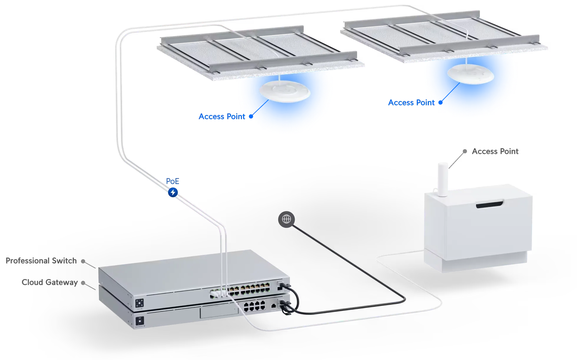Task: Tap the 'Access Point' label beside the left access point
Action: (222, 117)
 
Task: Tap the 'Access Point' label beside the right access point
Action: (411, 102)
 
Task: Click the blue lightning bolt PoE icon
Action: (173, 193)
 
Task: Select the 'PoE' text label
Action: (172, 181)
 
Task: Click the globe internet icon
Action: (286, 219)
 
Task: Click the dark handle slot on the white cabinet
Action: (490, 205)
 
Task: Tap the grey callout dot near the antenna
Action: (465, 151)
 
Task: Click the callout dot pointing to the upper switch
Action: (84, 261)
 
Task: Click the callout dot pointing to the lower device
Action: (83, 283)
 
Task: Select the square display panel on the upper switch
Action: (140, 303)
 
